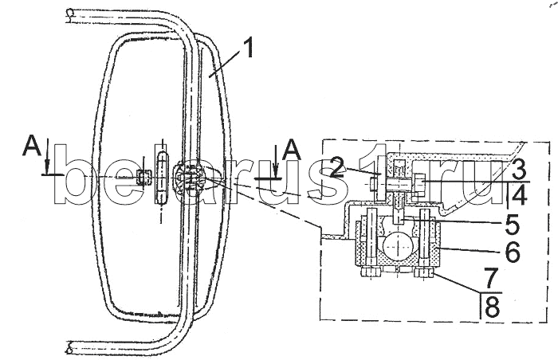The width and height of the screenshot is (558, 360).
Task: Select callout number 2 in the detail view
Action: pos(337,167)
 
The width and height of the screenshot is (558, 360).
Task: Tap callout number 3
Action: pos(518,168)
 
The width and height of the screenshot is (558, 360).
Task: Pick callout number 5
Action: pos(512,225)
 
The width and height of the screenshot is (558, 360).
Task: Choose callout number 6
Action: pos(513,252)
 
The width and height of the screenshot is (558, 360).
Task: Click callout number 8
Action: pos(492,307)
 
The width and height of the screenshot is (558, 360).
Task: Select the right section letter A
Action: pos(292,149)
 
